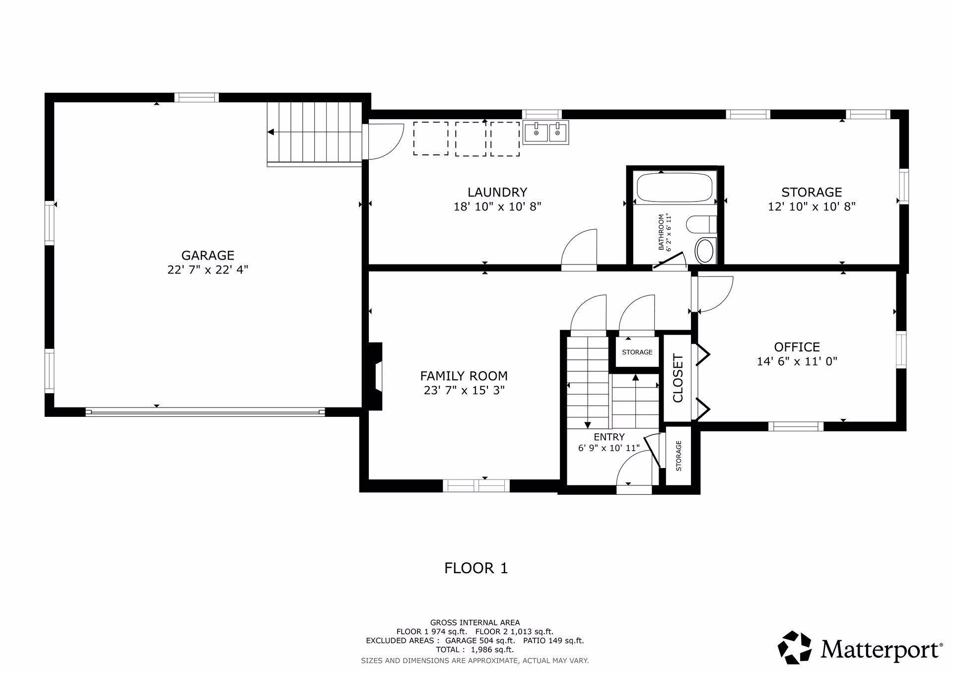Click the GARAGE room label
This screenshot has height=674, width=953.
[x=207, y=256]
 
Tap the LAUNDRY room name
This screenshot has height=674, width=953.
[x=497, y=192]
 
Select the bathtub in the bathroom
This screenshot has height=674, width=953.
[x=675, y=187]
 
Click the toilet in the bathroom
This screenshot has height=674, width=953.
[x=701, y=224]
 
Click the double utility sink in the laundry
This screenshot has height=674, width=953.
[x=546, y=132]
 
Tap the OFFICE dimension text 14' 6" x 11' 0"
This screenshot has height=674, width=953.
[x=797, y=361]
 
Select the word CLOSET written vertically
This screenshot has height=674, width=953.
[x=678, y=378]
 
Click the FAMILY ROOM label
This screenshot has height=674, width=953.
[x=464, y=376]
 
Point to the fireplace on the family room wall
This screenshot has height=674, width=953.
[x=375, y=376]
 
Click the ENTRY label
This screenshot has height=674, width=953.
[x=609, y=437]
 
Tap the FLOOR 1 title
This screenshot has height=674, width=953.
[x=476, y=568]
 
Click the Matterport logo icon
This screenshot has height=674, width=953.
[x=795, y=647]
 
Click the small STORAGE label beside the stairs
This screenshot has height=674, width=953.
[x=637, y=352]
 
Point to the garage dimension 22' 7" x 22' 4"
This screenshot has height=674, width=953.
[x=207, y=270]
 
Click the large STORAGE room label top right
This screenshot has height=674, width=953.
[x=812, y=192]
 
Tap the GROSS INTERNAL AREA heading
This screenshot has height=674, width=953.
[x=475, y=622]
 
